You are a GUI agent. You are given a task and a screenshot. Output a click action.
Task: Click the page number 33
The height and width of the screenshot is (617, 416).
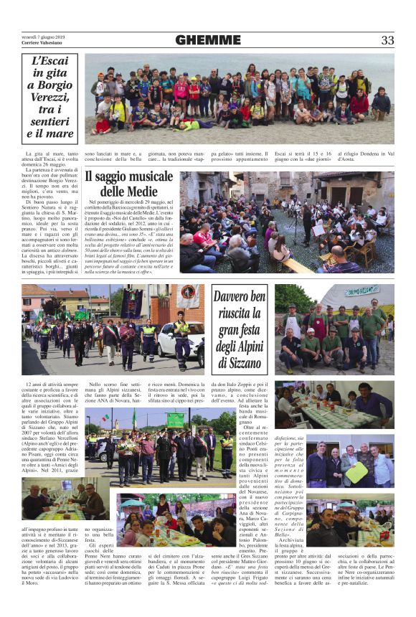(x=387, y=40)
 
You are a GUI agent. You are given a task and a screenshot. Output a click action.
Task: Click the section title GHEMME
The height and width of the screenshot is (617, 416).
(x=208, y=40)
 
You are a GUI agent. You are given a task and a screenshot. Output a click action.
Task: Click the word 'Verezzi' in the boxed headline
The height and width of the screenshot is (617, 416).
(x=50, y=96)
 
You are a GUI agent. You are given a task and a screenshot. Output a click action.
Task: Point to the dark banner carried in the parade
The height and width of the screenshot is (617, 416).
(x=131, y=301)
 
